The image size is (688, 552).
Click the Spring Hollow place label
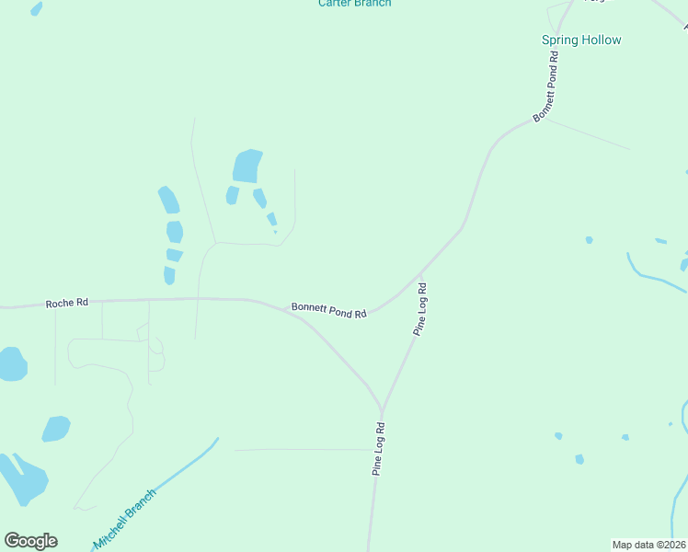click(580, 40)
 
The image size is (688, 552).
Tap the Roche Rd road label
click(68, 303)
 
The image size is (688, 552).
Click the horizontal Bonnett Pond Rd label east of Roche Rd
click(329, 310)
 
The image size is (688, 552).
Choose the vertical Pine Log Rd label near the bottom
click(378, 449)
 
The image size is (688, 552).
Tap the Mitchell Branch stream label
click(125, 519)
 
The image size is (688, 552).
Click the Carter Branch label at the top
click(354, 4)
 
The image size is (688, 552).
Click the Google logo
click(31, 541)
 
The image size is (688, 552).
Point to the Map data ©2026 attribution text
click(649, 545)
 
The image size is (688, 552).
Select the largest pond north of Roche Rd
click(247, 167)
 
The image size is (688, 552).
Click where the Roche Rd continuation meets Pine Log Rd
click(381, 408)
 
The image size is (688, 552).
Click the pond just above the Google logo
click(22, 478)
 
